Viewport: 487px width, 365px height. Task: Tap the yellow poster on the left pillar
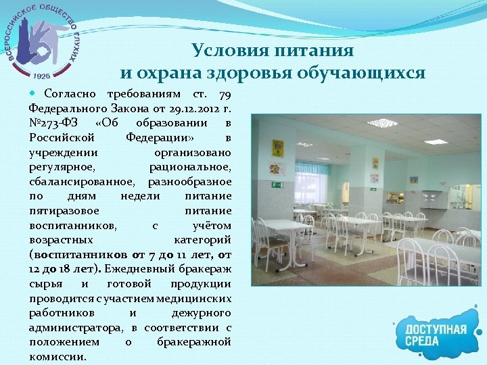click(x=277, y=147)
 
